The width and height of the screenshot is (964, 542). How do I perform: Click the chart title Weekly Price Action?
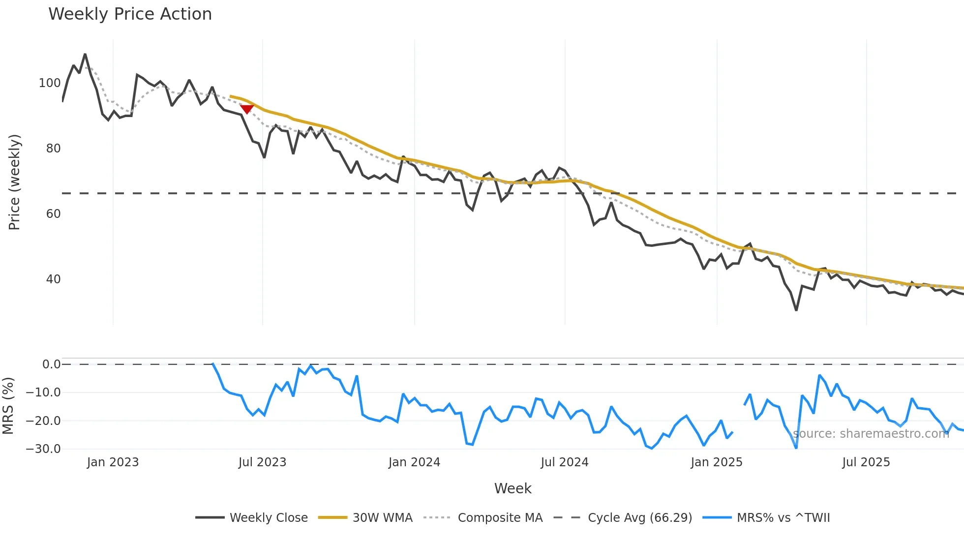coord(130,14)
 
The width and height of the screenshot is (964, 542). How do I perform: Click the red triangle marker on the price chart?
coord(246,109)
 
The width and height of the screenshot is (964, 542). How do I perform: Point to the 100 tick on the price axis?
coord(50,83)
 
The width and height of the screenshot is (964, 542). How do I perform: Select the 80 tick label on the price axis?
coord(53,149)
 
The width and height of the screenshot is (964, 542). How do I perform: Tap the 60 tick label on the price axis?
coord(53,214)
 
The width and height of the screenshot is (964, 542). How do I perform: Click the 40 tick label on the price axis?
coord(53,279)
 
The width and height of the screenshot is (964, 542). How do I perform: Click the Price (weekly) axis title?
coord(15,182)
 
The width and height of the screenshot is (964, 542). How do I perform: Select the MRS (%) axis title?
coord(8,406)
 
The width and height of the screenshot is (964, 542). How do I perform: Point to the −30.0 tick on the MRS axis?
coord(43,449)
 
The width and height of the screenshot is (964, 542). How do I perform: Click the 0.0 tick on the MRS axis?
coord(51,364)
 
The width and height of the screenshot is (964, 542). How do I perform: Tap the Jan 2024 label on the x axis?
coord(414,462)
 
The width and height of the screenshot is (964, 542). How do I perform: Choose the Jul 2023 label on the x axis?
coord(262,462)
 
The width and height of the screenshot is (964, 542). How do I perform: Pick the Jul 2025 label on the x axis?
coord(866,462)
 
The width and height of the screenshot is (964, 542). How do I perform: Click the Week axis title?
coord(512,488)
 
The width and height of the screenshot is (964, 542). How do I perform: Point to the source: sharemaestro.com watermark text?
coord(871,434)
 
